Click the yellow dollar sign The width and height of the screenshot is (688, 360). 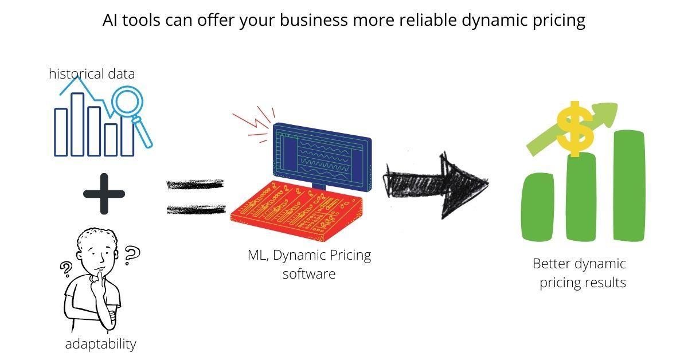pos(575,130)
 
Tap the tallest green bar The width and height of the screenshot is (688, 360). pos(629,186)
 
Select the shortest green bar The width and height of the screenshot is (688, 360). pos(538,206)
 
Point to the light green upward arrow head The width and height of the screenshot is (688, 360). pos(608,115)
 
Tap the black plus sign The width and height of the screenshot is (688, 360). pos(104,193)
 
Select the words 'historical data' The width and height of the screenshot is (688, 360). pos(92,74)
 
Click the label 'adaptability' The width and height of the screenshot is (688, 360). pos(100,344)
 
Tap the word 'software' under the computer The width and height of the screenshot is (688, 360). pos(309,274)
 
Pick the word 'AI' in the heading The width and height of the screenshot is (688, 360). pos(110,21)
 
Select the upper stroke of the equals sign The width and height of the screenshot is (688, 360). pos(195,185)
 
